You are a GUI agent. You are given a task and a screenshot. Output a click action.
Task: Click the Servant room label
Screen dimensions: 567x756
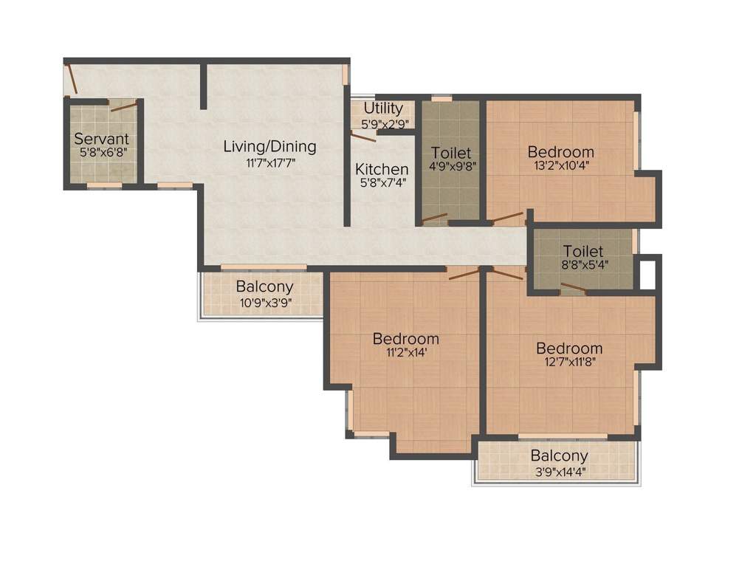pos(102,138)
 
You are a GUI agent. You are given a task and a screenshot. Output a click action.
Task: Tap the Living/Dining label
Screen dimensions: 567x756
pos(269,146)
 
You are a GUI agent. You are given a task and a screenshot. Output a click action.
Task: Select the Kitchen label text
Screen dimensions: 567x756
pos(382,169)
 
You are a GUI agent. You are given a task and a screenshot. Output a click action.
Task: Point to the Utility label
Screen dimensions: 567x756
pos(383,109)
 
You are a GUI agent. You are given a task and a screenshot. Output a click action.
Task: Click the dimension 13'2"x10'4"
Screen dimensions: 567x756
pos(561,166)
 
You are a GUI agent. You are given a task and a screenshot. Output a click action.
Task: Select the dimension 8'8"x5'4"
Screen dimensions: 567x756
pos(583,266)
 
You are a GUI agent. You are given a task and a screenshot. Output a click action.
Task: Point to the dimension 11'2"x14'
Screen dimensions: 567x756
pos(405,353)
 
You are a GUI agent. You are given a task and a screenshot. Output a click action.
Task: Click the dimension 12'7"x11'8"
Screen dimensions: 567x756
pos(569,362)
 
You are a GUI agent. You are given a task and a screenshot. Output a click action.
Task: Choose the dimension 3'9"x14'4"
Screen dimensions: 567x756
pos(559,470)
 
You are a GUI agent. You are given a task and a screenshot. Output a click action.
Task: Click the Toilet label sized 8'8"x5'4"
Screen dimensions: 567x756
pos(583,251)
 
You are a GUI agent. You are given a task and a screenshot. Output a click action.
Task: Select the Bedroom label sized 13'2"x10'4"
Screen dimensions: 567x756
pos(561,152)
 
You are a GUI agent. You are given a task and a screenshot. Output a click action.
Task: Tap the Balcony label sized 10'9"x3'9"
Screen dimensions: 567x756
pos(264,286)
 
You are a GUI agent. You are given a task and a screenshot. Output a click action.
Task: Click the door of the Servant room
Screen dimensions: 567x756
pos(123,107)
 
